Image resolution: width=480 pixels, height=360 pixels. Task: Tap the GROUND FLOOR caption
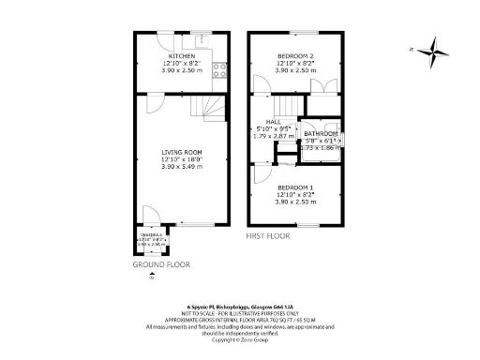point(160,265)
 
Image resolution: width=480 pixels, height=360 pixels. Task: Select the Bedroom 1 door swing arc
point(259,174)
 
